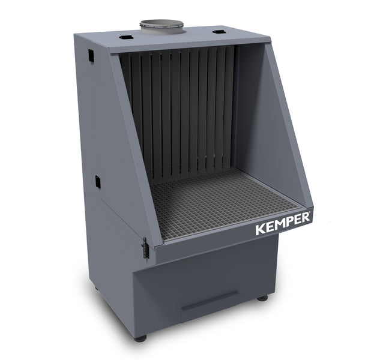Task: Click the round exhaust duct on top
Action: tap(161, 26)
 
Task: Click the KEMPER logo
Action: tap(283, 223)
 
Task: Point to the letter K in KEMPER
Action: tap(260, 230)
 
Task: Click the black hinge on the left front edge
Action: tap(145, 247)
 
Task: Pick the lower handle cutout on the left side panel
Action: tap(96, 180)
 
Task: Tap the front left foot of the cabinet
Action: tap(140, 338)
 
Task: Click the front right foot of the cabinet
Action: tap(262, 298)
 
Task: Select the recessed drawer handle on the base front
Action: tap(210, 299)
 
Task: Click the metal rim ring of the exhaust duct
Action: tap(161, 23)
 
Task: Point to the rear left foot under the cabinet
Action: tap(96, 287)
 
